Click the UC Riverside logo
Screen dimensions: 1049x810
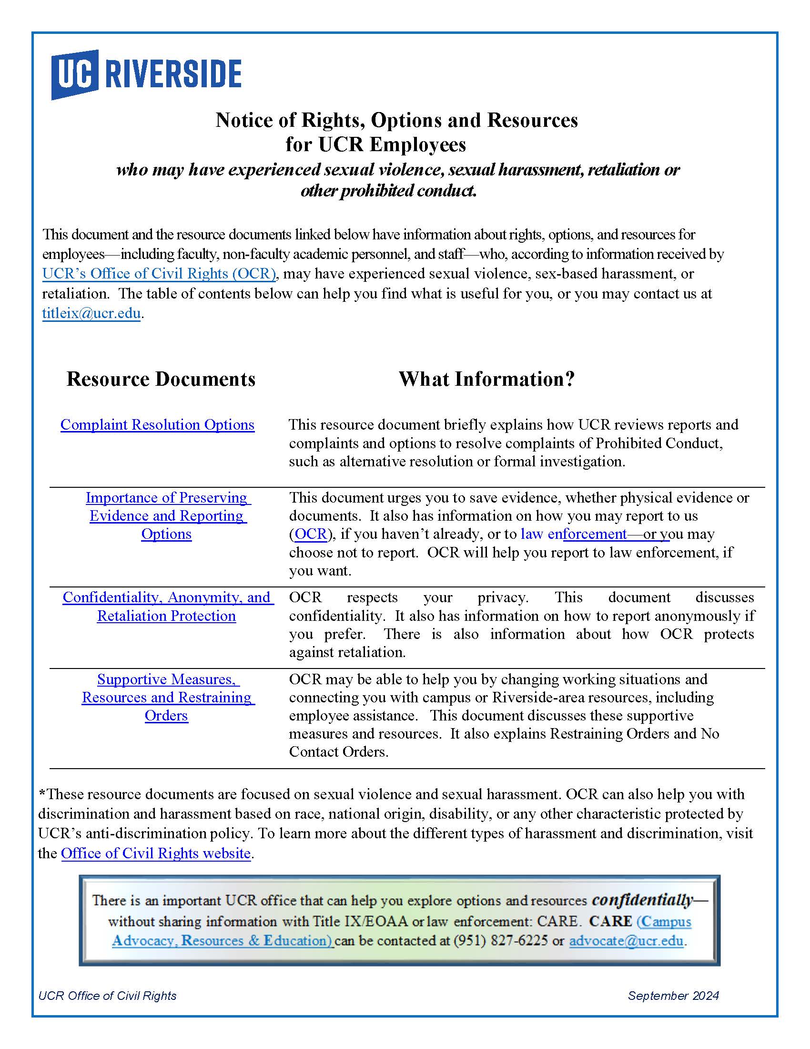click(146, 74)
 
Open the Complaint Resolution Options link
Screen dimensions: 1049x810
click(157, 424)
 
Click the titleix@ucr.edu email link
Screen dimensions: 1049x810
click(91, 313)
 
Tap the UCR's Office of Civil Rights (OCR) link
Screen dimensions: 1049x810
click(159, 273)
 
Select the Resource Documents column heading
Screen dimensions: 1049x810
click(161, 379)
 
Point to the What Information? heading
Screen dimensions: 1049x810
click(486, 379)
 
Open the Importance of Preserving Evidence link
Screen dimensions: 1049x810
click(166, 515)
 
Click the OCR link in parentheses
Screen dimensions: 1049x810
click(311, 534)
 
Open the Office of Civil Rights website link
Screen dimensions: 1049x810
click(155, 853)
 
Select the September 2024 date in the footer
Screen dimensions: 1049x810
click(673, 996)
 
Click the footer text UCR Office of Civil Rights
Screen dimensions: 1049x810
click(108, 996)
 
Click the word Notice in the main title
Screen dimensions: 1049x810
click(243, 120)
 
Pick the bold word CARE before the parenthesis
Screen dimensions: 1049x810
click(610, 921)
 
